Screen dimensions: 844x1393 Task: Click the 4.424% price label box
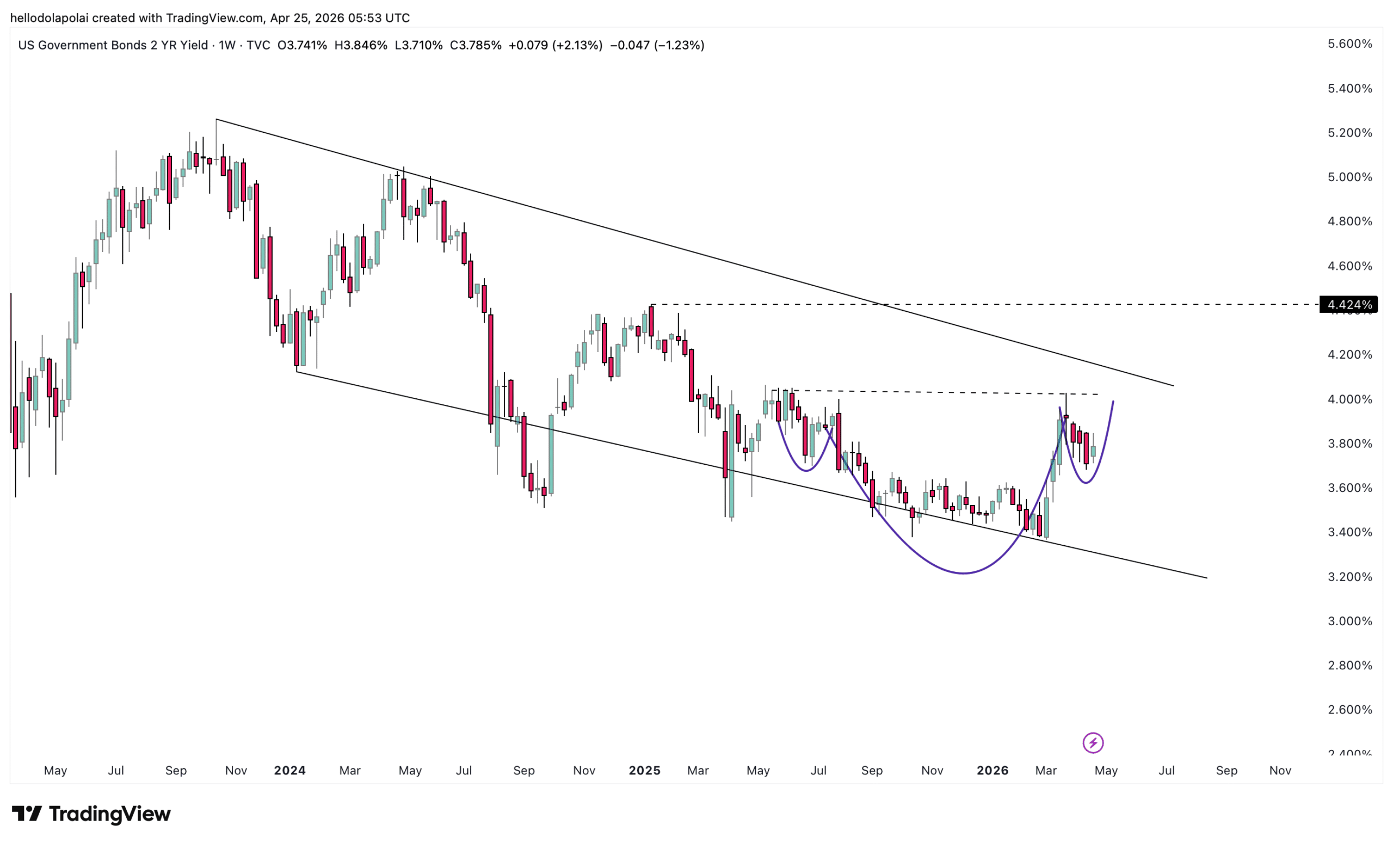click(1348, 305)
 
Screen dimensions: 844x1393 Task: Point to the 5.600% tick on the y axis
click(1349, 44)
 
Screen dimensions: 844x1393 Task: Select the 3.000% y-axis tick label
click(1349, 621)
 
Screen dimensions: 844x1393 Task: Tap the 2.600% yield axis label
click(1349, 710)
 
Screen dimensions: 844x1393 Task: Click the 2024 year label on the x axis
click(289, 771)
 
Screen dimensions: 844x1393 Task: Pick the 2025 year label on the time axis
click(644, 771)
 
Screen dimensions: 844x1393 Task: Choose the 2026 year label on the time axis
click(992, 771)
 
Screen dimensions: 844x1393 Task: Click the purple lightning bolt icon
click(1093, 743)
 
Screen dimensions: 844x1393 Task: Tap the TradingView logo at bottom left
click(91, 814)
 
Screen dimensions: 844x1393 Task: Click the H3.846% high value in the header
click(361, 45)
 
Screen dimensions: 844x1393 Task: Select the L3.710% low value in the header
click(418, 45)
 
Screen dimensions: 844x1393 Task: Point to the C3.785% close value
click(476, 45)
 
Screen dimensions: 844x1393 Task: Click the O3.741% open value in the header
click(302, 45)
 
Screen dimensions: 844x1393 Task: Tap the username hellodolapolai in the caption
click(50, 18)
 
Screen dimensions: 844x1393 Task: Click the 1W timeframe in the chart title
click(227, 45)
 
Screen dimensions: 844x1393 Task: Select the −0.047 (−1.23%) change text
click(657, 45)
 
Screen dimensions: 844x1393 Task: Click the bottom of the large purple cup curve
click(963, 573)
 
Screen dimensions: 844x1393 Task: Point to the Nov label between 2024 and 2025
click(584, 771)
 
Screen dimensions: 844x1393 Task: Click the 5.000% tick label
click(1349, 177)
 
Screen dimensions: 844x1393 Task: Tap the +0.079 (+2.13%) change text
click(555, 45)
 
